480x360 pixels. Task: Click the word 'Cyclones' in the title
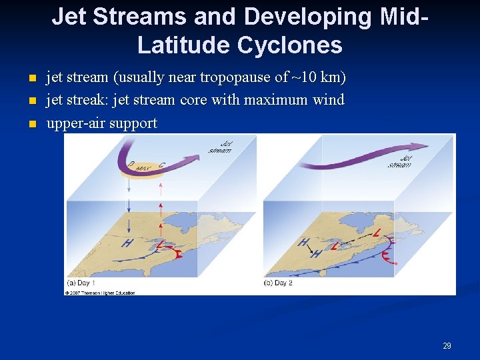294,45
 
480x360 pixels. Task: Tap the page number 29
447,345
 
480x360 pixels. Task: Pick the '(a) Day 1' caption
81,283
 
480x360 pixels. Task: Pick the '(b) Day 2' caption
278,283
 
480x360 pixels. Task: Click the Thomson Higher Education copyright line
100,293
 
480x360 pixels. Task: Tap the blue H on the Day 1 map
126,243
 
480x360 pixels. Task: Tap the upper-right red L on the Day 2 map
378,232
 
